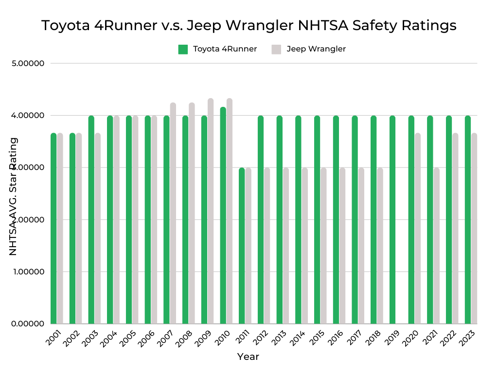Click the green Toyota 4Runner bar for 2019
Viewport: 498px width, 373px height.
[392, 220]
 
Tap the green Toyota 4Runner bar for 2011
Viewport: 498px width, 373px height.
[242, 245]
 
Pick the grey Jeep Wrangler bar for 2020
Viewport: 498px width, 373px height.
[417, 228]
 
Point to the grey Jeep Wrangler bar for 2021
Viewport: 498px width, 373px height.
[436, 245]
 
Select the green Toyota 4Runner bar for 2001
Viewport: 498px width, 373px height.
[53, 228]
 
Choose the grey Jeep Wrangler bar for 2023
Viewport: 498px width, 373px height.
[474, 228]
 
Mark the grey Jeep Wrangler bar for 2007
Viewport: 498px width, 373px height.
[173, 213]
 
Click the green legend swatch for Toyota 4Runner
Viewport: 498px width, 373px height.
[183, 49]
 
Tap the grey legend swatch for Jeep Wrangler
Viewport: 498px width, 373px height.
[276, 49]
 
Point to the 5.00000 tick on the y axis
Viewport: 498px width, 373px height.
[28, 64]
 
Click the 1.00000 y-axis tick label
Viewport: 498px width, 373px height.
[28, 271]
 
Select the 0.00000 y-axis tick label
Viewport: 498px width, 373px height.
[28, 323]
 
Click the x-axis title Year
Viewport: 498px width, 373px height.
[248, 357]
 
